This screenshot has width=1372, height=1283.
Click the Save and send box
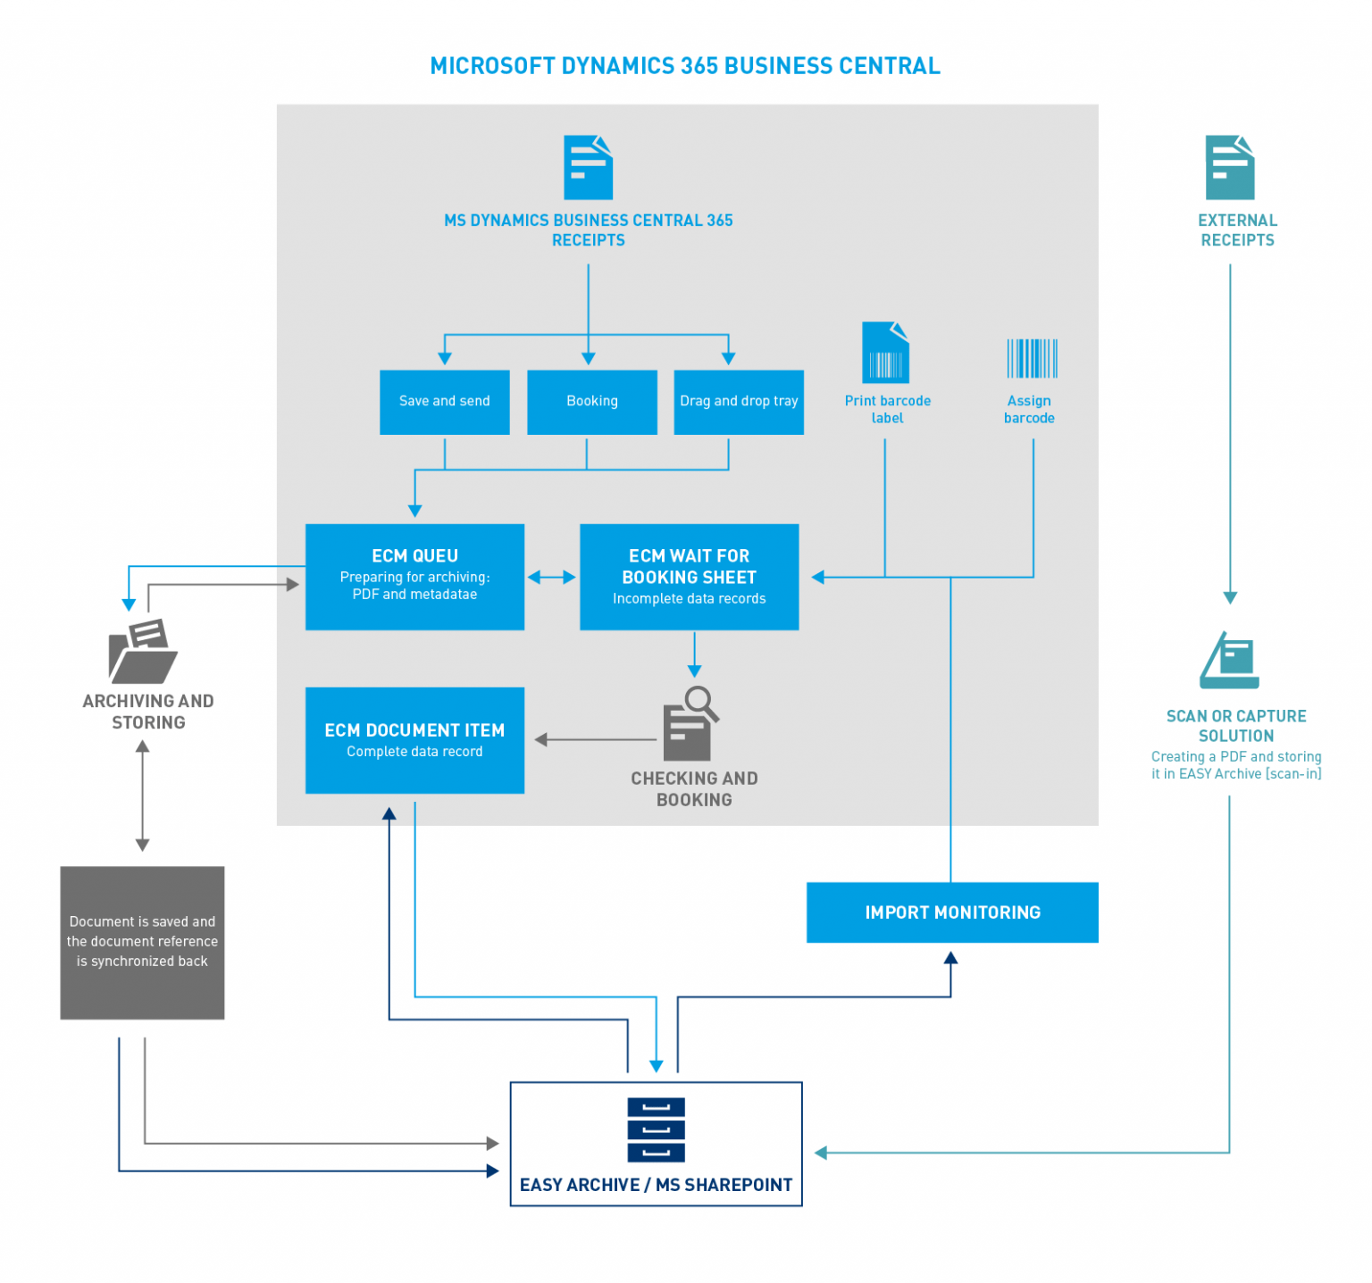(444, 402)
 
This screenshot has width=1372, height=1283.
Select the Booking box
(591, 402)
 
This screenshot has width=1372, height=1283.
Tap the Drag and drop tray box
(738, 402)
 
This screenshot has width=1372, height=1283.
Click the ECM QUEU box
(414, 576)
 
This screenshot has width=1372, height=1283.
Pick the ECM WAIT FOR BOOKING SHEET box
(689, 576)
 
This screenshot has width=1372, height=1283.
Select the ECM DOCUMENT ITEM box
(414, 739)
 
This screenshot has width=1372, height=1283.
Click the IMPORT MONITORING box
(951, 912)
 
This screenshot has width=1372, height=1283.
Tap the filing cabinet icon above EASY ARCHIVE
(656, 1129)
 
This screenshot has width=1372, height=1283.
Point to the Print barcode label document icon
(884, 353)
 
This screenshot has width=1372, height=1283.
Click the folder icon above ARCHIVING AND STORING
(143, 652)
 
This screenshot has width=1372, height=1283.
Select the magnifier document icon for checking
(690, 723)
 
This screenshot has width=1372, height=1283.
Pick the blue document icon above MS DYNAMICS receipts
(588, 168)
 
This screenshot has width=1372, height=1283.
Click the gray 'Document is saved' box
(142, 942)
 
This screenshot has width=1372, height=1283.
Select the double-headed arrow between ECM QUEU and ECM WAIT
(551, 577)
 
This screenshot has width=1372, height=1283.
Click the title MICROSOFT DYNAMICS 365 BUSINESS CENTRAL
(685, 66)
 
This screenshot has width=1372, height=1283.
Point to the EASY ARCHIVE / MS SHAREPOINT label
(656, 1184)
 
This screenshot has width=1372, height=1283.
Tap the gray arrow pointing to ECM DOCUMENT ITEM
(594, 739)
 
